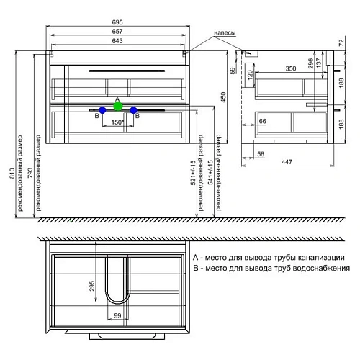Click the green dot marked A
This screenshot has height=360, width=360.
118,106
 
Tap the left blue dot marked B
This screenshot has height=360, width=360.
102,110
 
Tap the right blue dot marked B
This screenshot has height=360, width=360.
133,110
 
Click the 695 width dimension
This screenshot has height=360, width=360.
117,22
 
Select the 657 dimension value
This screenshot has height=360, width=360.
117,32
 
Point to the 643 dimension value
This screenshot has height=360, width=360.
117,41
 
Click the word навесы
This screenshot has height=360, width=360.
225,33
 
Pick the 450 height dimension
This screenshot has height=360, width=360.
223,97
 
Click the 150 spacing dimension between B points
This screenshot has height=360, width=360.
117,122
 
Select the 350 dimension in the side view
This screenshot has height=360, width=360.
291,68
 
